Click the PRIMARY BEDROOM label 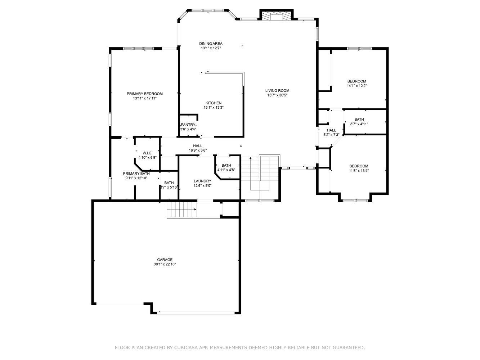point(144,94)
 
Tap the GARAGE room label point(165,260)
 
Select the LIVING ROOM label point(277,90)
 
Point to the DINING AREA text point(211,44)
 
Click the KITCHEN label point(214,103)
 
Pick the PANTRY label point(188,125)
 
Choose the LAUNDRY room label point(202,181)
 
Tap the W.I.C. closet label point(147,153)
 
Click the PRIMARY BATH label point(136,174)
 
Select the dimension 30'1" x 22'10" point(165,264)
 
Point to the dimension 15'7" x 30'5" point(277,95)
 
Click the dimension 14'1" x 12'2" point(356,86)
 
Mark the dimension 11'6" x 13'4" point(359,171)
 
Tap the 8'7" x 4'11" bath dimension point(359,124)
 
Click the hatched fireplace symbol point(277,16)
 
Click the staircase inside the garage point(181,210)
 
